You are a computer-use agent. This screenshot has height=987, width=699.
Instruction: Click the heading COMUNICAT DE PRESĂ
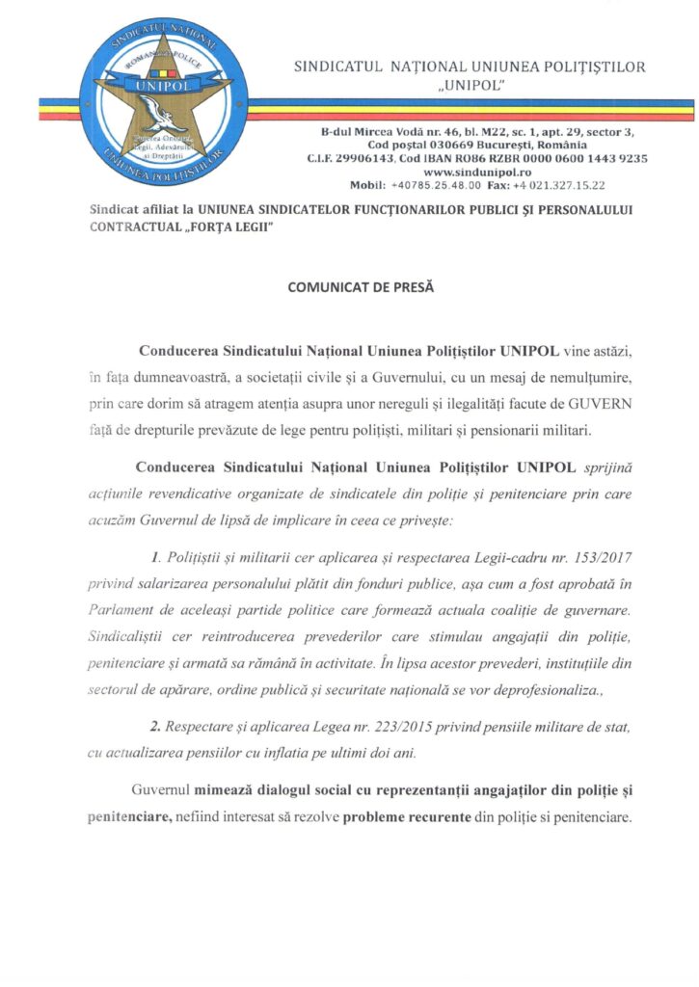point(348,286)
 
